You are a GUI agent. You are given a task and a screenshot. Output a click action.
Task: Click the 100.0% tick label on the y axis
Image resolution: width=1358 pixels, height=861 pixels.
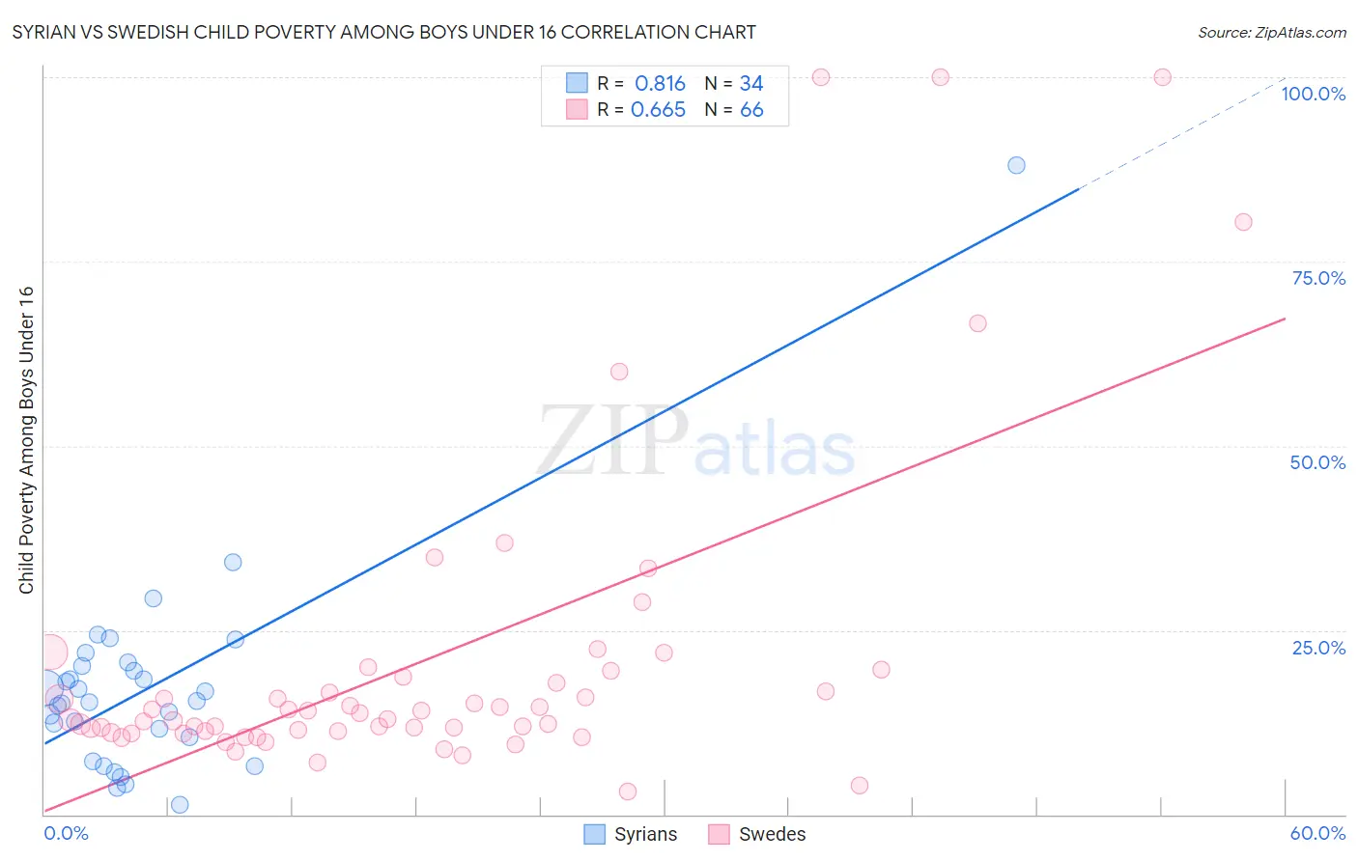tap(1313, 94)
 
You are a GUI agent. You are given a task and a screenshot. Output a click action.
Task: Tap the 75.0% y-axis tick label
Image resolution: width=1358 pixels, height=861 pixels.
tap(1318, 278)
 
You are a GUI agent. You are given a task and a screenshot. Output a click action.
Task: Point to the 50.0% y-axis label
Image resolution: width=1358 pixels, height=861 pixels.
tap(1317, 462)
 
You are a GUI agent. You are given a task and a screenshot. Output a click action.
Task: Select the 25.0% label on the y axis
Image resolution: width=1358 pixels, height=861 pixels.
tap(1318, 648)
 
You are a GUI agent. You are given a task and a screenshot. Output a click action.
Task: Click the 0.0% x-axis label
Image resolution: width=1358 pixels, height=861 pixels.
tap(66, 833)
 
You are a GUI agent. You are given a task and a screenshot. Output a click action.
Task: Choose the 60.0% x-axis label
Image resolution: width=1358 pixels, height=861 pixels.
tap(1317, 833)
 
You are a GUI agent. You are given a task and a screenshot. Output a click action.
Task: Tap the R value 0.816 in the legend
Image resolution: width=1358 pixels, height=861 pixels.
tap(660, 84)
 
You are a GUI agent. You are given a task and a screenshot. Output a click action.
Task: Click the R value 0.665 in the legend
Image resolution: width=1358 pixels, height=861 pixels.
tap(658, 110)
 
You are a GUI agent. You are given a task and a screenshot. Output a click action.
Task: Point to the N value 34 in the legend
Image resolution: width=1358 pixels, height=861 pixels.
tap(751, 84)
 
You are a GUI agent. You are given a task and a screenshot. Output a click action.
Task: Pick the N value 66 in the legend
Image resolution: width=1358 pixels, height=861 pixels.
tap(751, 110)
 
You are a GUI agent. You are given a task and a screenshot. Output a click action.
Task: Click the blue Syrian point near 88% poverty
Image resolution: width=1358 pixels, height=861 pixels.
tap(1016, 165)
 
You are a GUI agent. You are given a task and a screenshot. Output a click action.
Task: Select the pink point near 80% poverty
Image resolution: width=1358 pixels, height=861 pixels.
tap(1243, 222)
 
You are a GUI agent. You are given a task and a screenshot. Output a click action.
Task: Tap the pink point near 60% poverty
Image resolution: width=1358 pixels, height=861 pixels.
tap(619, 372)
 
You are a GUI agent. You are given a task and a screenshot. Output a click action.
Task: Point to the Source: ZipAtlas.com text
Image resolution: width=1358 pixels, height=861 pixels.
tap(1271, 32)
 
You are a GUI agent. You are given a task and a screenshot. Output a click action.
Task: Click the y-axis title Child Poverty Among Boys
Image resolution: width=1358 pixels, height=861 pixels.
tap(26, 440)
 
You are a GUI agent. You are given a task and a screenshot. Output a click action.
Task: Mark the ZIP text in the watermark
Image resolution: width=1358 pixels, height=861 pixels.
tap(612, 441)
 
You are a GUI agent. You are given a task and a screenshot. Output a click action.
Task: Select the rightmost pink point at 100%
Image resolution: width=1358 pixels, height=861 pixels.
tap(1162, 77)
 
